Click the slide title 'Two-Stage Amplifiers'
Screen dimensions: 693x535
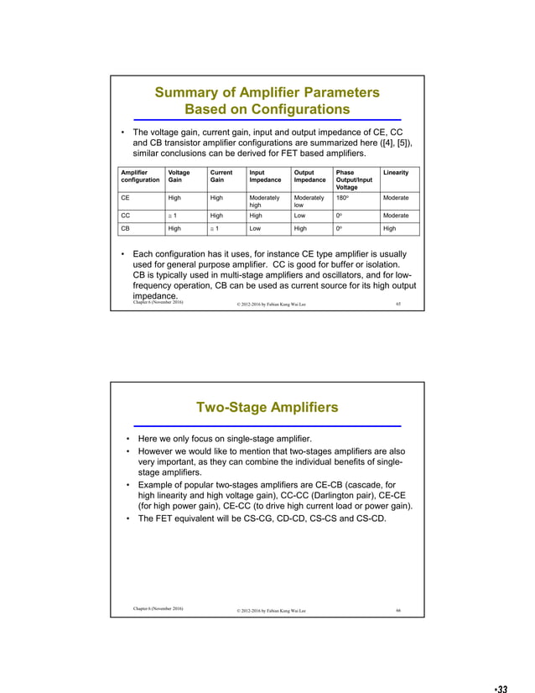(267, 408)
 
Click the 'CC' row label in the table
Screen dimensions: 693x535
(125, 215)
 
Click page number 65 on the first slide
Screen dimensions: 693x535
(397, 304)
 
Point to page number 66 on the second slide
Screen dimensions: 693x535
(398, 610)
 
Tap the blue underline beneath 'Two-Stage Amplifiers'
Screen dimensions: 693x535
(267, 426)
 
